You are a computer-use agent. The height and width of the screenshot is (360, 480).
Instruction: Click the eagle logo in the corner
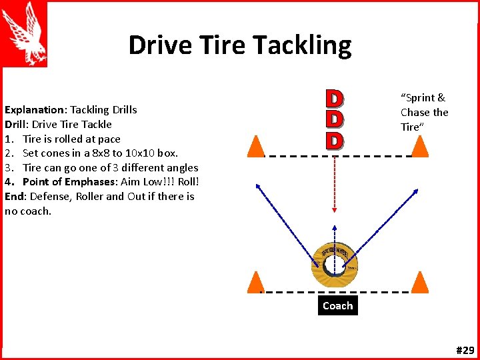click(x=24, y=33)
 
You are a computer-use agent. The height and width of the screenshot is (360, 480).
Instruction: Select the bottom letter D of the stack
click(x=334, y=141)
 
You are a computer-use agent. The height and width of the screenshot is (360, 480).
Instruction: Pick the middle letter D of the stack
click(x=334, y=119)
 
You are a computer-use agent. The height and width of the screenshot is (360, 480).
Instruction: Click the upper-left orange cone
click(x=255, y=146)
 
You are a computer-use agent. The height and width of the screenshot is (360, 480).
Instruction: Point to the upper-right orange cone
click(x=419, y=146)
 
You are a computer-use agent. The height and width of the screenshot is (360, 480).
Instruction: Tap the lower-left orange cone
click(x=255, y=283)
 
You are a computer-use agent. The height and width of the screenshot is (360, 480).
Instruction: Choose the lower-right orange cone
click(x=419, y=283)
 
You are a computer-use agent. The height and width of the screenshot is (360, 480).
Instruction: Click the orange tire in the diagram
click(x=334, y=262)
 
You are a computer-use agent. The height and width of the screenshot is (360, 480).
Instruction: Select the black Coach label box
click(x=337, y=305)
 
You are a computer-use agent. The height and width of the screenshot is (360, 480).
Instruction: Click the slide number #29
click(x=465, y=350)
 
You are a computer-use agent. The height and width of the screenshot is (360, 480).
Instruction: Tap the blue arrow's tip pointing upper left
click(x=259, y=187)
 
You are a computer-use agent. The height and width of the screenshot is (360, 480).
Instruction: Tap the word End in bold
click(x=14, y=196)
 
